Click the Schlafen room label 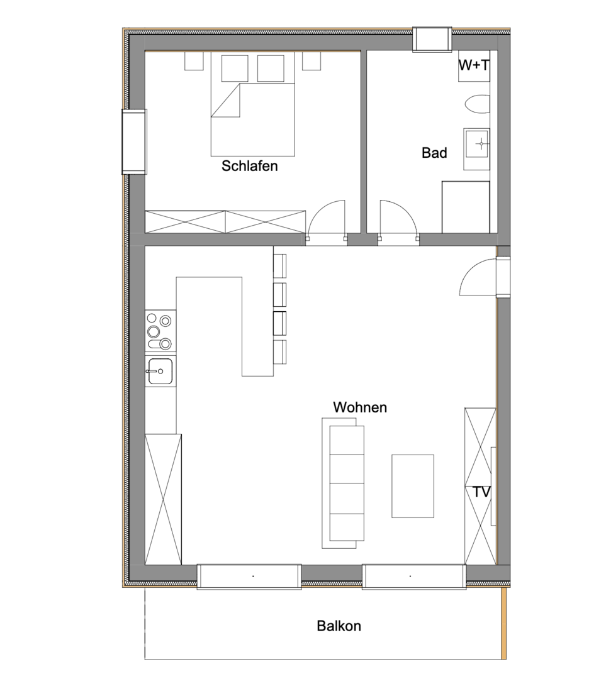coord(249,167)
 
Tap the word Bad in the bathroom coord(434,153)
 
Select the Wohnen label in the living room coord(360,407)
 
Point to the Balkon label coord(339,626)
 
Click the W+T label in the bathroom coord(474,65)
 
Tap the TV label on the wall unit coord(481,492)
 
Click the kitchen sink coord(160,371)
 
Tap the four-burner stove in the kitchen coord(160,331)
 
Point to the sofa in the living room coord(344,483)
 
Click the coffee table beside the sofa coord(413,485)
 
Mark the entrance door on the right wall coord(478,277)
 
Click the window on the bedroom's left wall coord(134,141)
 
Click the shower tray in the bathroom coord(466,207)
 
